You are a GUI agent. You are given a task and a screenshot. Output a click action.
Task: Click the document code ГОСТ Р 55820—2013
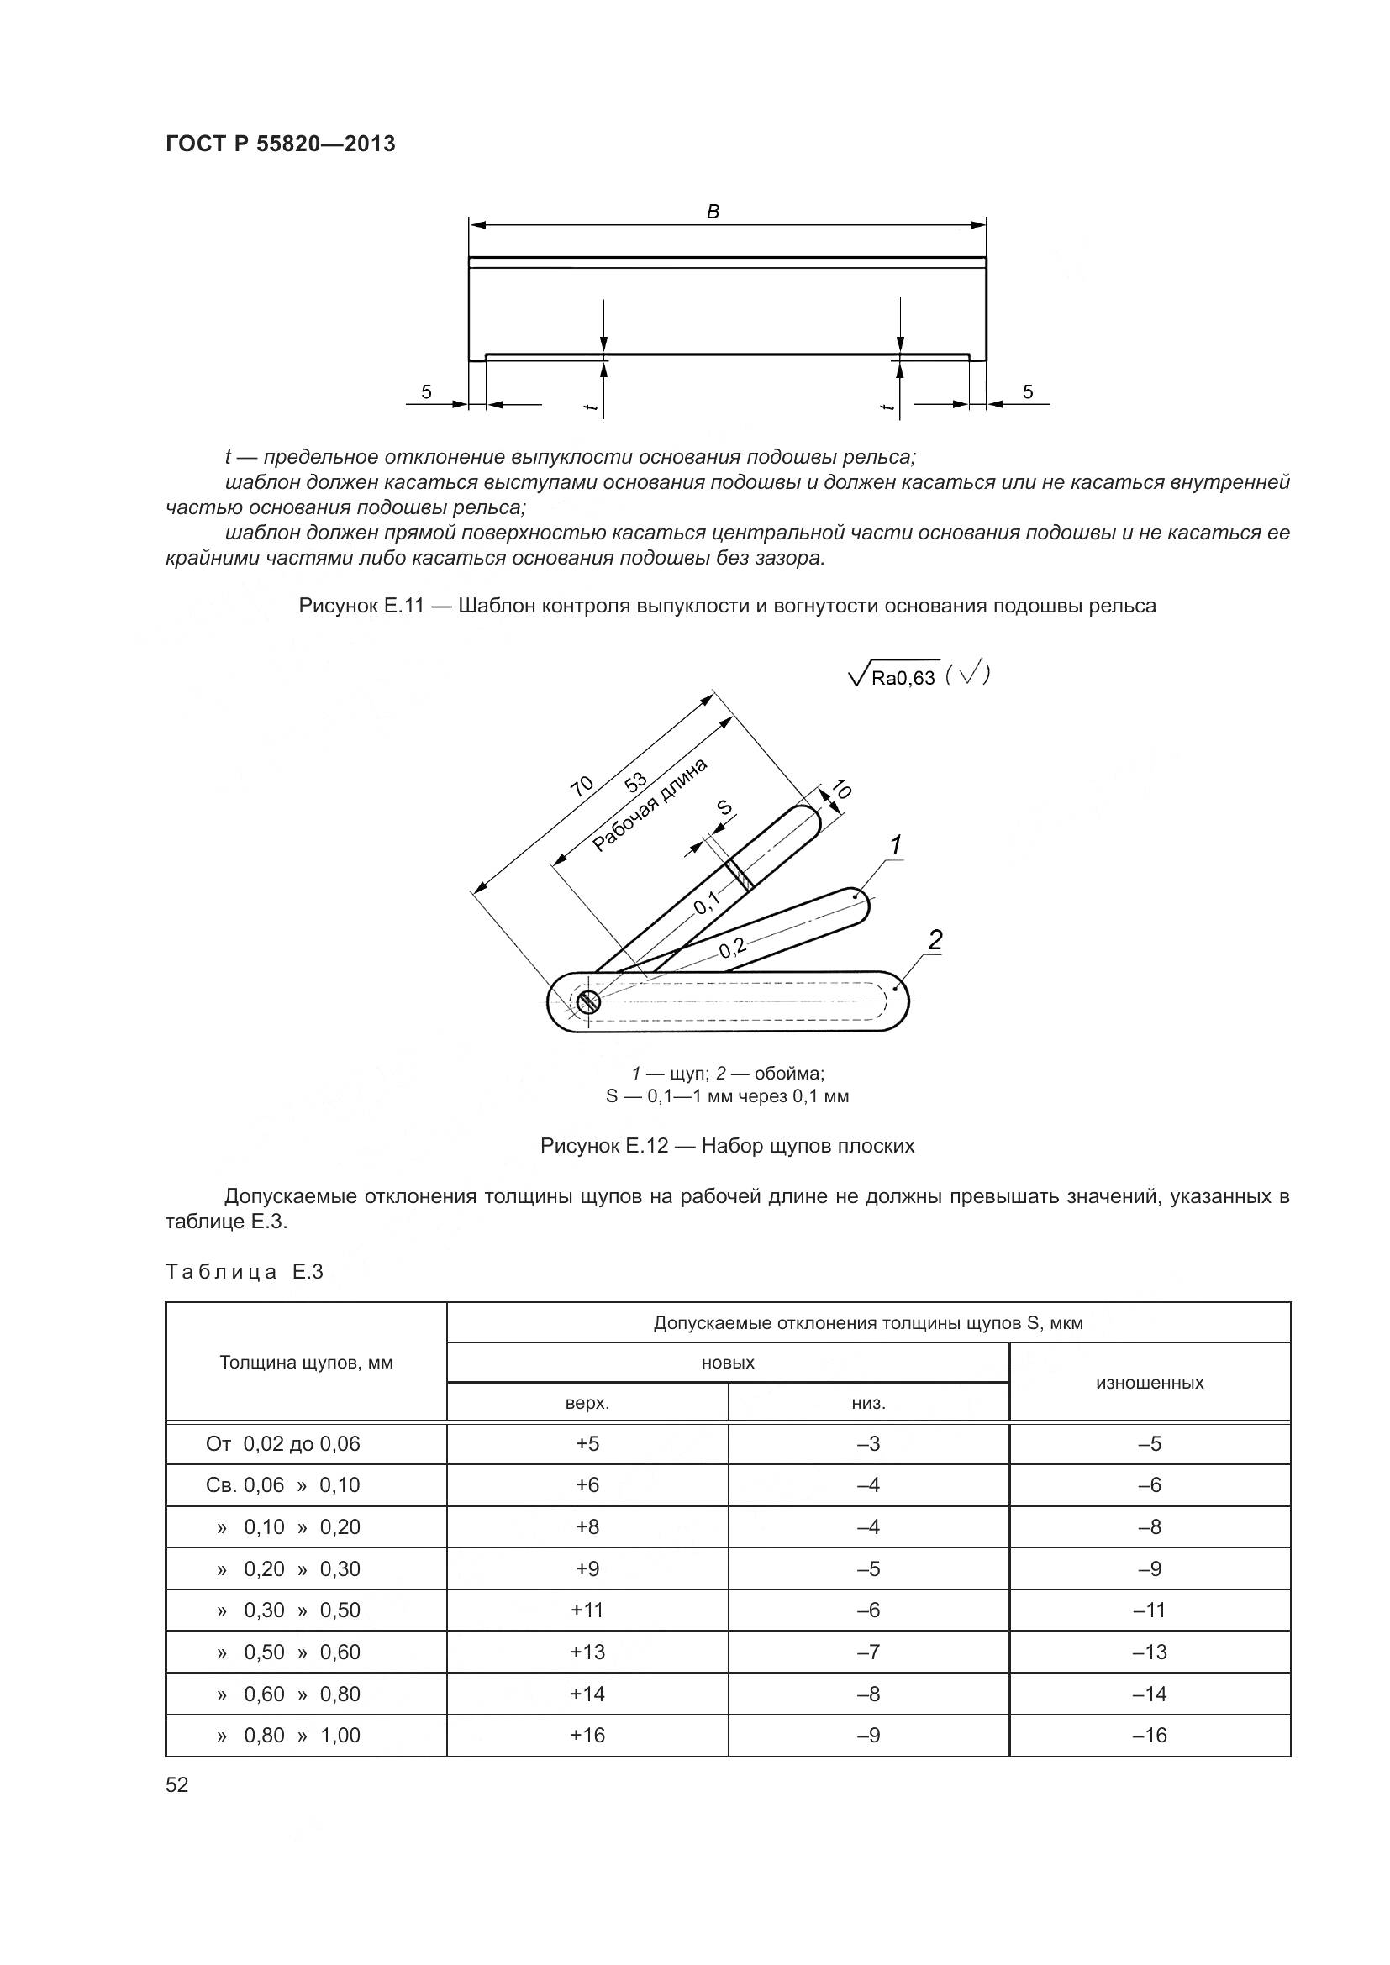pyautogui.click(x=280, y=144)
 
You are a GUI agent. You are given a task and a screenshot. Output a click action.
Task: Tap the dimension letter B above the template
pyautogui.click(x=713, y=212)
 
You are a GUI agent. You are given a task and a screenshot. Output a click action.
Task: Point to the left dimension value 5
pyautogui.click(x=426, y=392)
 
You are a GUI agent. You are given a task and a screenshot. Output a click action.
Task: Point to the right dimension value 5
pyautogui.click(x=1027, y=392)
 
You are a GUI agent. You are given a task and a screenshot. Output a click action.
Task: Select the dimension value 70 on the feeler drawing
pyautogui.click(x=582, y=785)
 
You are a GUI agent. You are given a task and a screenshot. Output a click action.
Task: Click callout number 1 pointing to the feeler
pyautogui.click(x=894, y=846)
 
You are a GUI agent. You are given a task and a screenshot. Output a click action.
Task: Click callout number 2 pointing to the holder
pyautogui.click(x=935, y=940)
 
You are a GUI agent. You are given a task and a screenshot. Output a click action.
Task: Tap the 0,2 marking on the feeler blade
pyautogui.click(x=732, y=948)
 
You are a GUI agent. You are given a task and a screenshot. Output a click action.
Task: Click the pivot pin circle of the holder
pyautogui.click(x=588, y=1001)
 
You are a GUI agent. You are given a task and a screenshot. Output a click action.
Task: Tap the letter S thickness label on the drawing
pyautogui.click(x=724, y=807)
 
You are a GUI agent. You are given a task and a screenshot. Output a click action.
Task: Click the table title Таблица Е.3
pyautogui.click(x=244, y=1272)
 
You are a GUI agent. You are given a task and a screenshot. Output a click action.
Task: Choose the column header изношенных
pyautogui.click(x=1150, y=1382)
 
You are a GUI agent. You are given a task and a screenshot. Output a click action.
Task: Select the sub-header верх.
pyautogui.click(x=587, y=1403)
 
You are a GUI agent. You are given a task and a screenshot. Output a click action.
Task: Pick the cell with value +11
pyautogui.click(x=587, y=1610)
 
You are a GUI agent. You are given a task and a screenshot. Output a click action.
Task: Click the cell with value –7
pyautogui.click(x=868, y=1652)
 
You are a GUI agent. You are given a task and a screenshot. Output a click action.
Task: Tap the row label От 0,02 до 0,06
pyautogui.click(x=283, y=1444)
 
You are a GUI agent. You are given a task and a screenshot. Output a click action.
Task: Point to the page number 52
pyautogui.click(x=177, y=1784)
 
